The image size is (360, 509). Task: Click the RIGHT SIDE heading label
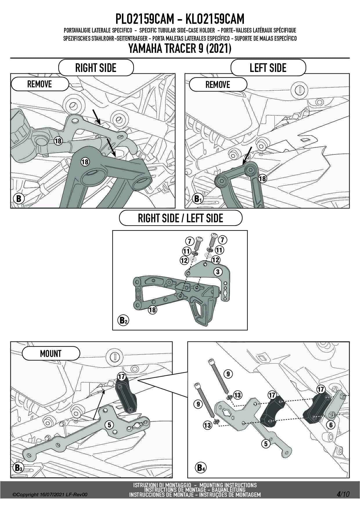click(x=96, y=68)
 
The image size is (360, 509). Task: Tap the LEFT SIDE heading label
click(x=268, y=68)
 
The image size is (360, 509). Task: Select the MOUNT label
click(x=51, y=354)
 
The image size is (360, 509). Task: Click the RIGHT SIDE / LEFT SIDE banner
click(x=180, y=218)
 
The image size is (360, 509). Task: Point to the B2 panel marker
click(x=123, y=320)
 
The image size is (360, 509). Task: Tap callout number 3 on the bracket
click(x=217, y=272)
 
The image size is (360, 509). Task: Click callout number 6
click(x=331, y=425)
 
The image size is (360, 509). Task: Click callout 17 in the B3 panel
click(x=121, y=377)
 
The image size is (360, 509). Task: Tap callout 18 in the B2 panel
click(x=152, y=310)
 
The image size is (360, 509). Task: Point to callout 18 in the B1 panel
click(x=262, y=178)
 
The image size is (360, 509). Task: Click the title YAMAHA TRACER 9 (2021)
click(x=180, y=48)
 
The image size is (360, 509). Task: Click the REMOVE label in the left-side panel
click(x=218, y=85)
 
